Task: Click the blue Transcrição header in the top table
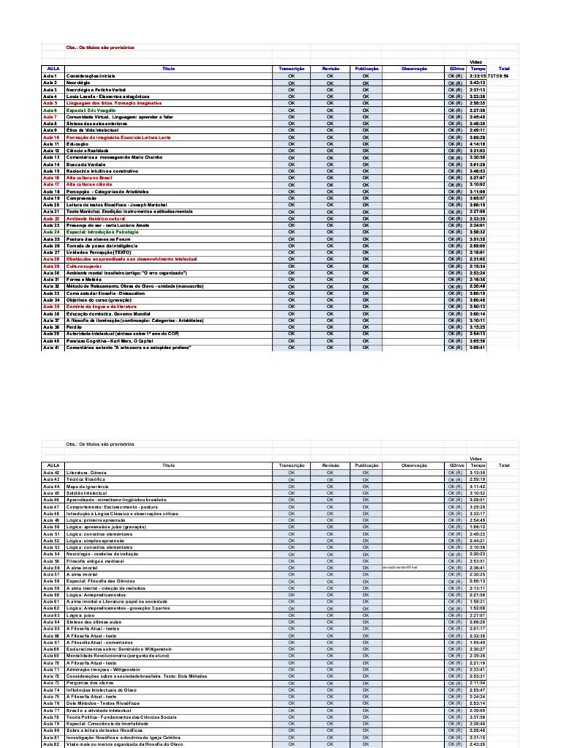291,69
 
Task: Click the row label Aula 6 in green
50,110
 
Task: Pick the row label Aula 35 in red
51,308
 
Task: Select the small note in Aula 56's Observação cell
400,568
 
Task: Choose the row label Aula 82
51,744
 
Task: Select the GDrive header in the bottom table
457,465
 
